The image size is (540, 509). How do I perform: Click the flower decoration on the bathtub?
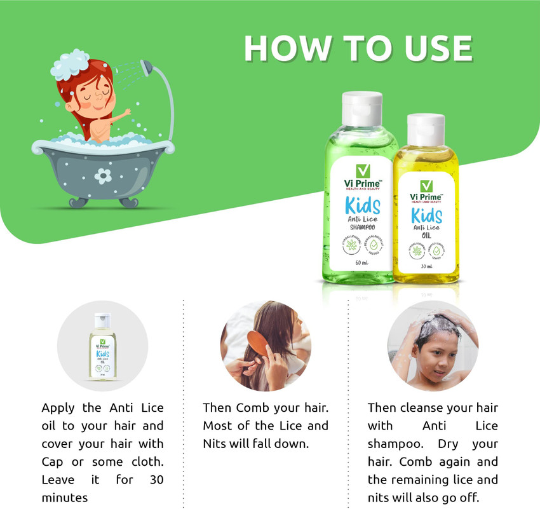103,176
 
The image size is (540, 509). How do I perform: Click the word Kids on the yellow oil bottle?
426,216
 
